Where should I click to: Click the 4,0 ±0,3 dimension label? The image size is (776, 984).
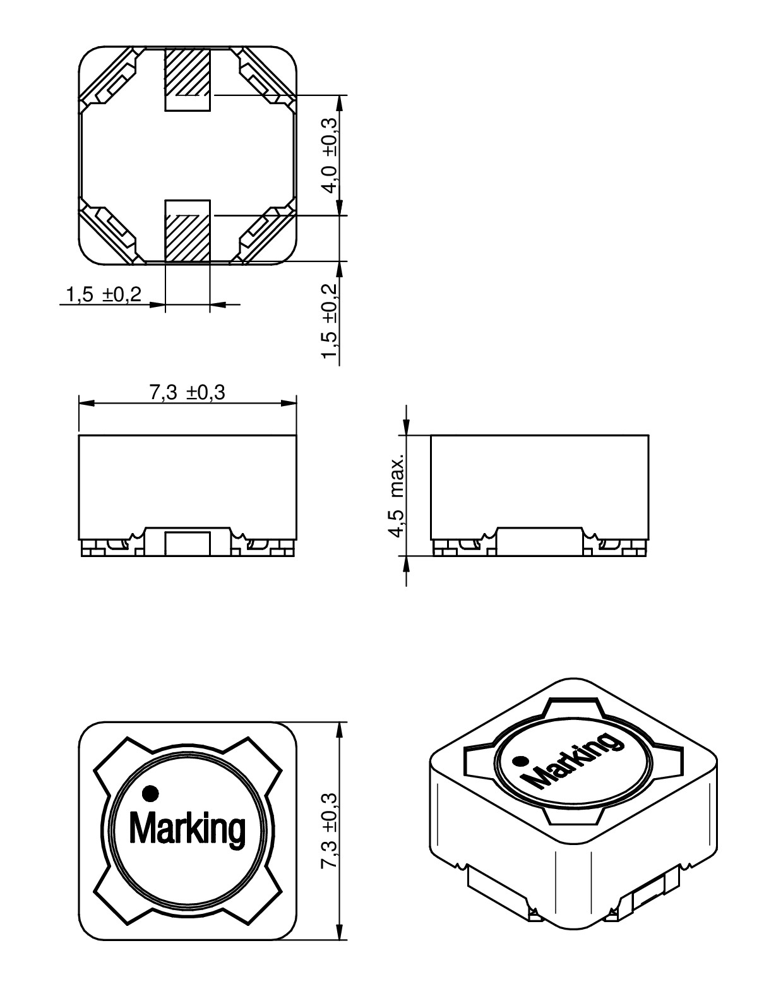(x=330, y=155)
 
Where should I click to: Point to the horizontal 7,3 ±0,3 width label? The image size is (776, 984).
(x=188, y=393)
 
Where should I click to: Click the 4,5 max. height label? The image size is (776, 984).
(x=397, y=495)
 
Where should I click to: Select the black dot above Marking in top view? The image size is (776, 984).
(x=151, y=791)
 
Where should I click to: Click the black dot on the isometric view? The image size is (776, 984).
(x=520, y=761)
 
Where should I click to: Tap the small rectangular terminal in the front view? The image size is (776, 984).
(x=187, y=543)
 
